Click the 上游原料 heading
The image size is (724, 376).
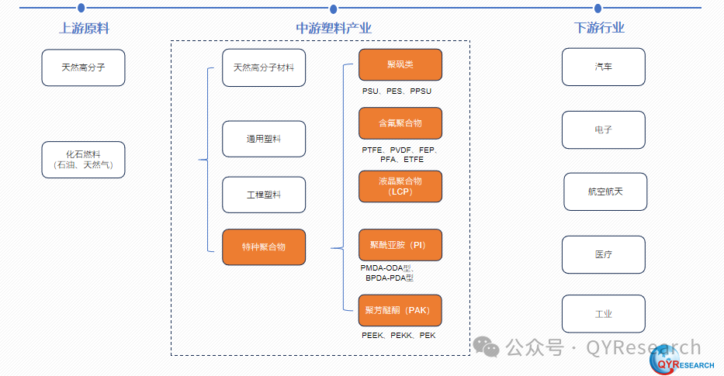coord(84,29)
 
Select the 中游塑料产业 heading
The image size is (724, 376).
coord(334,29)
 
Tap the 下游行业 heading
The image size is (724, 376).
coord(599,29)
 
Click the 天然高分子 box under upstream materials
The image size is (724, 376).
coord(83,67)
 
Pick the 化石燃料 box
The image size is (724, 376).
coord(83,160)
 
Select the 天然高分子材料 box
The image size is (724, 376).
coord(264,67)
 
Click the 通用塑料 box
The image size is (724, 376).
coord(264,139)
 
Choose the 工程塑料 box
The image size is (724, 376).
coord(264,195)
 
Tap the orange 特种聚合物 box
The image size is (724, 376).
coord(264,247)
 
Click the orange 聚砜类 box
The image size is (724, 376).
coord(400,64)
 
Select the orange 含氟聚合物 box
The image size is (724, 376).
coord(400,123)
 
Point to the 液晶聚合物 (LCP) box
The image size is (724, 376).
coord(400,186)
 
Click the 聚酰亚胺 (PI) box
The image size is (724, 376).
coord(400,245)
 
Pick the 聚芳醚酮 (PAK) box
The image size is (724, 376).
coord(400,310)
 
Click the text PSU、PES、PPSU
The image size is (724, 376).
coord(397,91)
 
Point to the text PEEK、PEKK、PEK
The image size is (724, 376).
coord(398,336)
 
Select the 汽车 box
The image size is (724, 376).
coord(603,67)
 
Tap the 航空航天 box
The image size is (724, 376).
coord(605,191)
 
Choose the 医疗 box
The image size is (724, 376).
coord(603,254)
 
